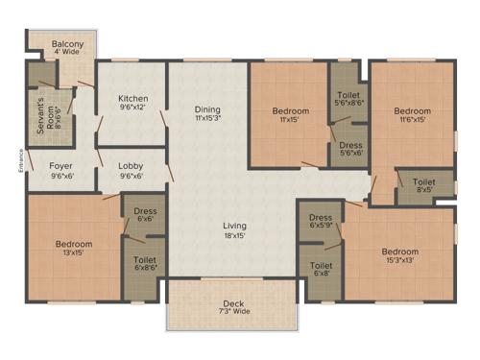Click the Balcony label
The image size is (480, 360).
coord(68,45)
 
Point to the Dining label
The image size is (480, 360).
coord(208,108)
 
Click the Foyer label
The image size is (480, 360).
coord(62,165)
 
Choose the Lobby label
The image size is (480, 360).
coord(132,165)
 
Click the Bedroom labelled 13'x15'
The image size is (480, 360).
coord(73,245)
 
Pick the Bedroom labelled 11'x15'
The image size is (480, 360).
coord(290,111)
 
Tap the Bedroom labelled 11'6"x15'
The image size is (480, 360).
coord(414,111)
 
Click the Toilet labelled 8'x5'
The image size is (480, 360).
coord(423,181)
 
